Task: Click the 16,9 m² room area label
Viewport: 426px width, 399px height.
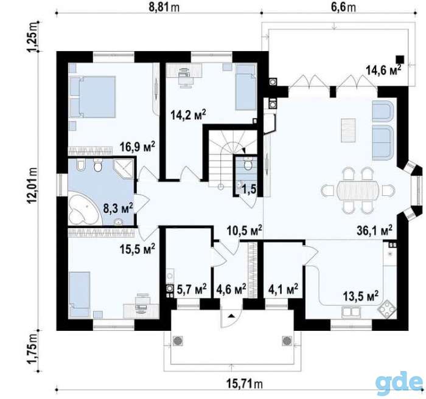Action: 138,147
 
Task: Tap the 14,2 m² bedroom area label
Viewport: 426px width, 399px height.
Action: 188,114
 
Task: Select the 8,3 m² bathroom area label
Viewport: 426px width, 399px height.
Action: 118,209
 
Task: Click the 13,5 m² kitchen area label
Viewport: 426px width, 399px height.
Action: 361,296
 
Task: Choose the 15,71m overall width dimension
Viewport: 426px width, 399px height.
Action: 245,384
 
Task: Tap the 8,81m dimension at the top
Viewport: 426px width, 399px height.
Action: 164,7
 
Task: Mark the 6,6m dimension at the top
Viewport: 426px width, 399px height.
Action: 343,7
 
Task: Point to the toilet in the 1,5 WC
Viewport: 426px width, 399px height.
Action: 247,165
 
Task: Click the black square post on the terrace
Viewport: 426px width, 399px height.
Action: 400,60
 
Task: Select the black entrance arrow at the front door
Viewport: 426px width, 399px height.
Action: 231,316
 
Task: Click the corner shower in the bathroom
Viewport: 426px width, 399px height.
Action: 124,168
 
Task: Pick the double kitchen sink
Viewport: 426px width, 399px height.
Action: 351,312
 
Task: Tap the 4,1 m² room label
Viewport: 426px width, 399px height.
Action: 284,289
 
